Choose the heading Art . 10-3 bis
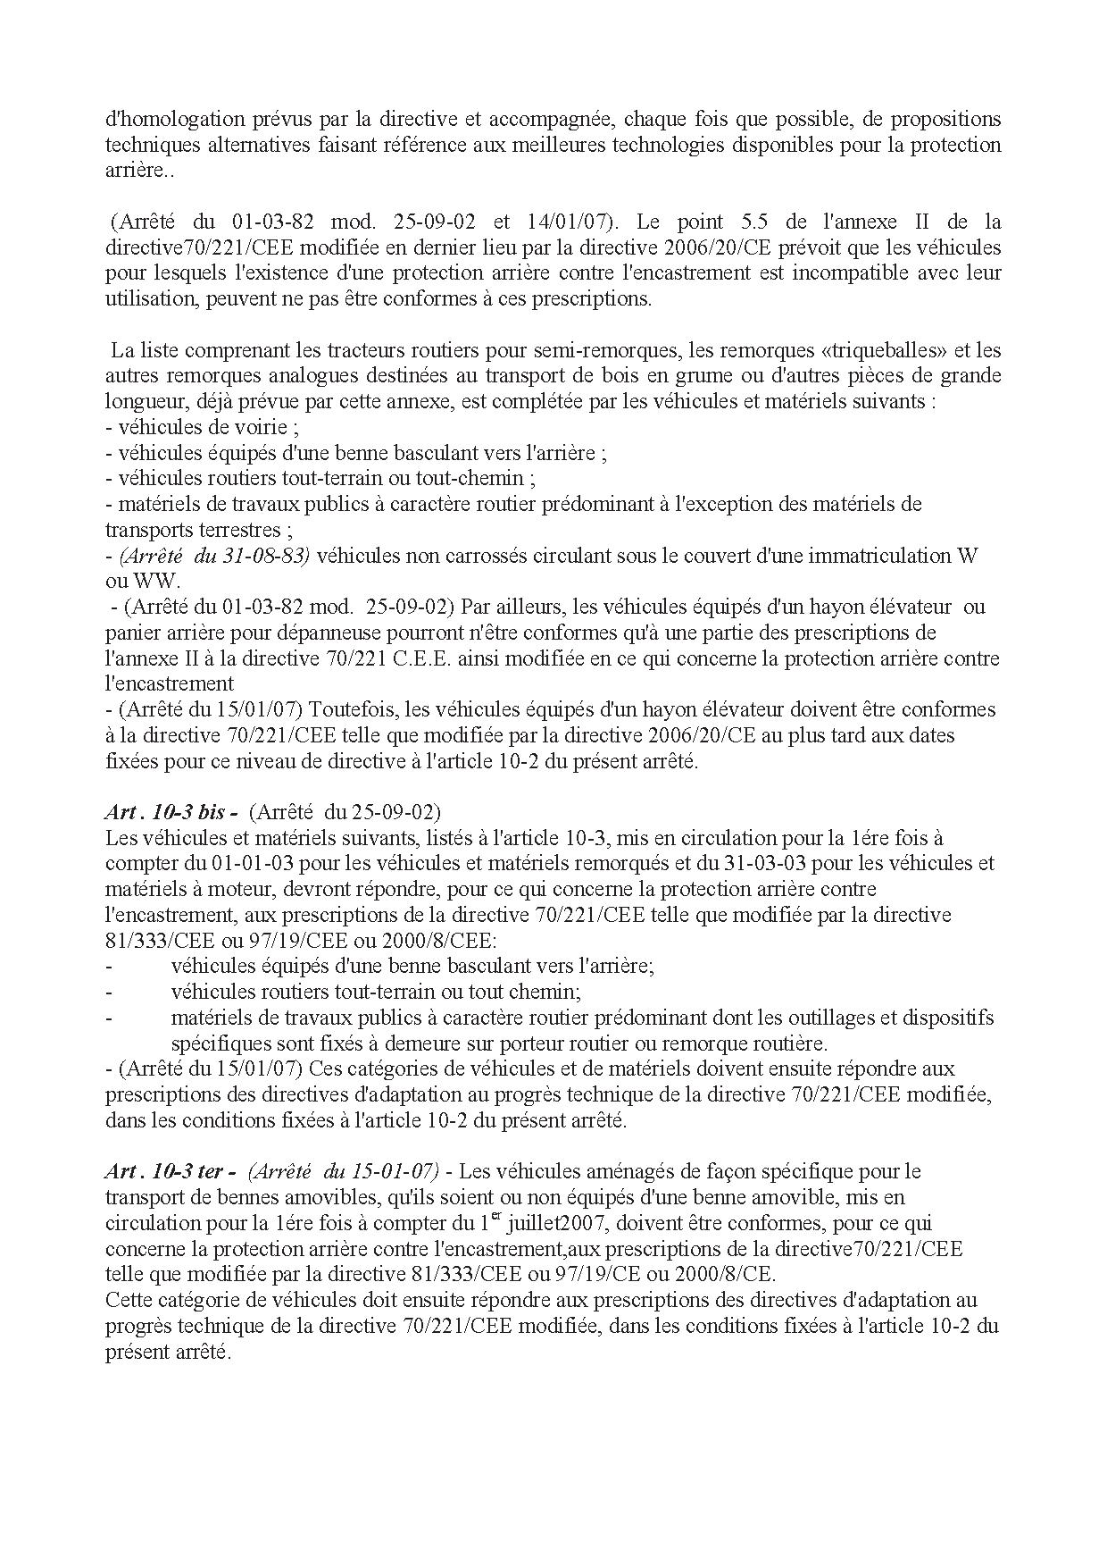click(x=170, y=812)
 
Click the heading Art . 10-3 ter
click(x=170, y=1171)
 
